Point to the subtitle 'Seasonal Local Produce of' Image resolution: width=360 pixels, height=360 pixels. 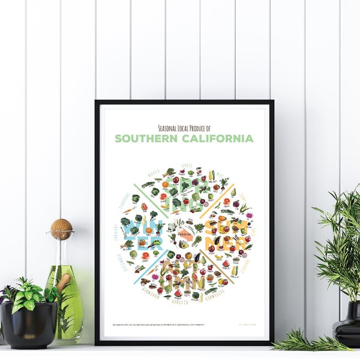click(x=184, y=127)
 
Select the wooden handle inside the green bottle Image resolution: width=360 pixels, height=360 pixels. click(x=62, y=282)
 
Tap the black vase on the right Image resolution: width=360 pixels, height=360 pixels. click(x=346, y=327)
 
